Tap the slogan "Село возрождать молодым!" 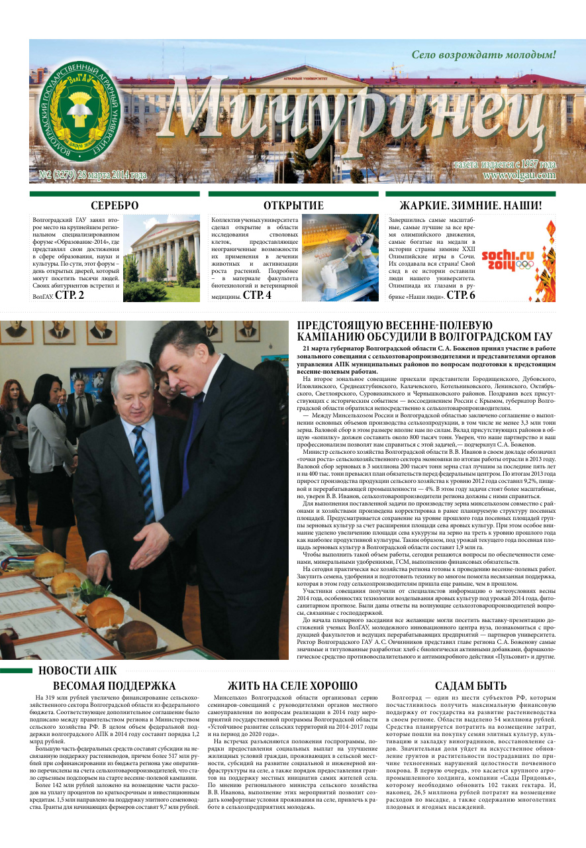coord(483,55)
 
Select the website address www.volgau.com coord(519,176)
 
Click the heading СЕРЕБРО coord(115,205)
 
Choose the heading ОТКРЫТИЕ coord(293,205)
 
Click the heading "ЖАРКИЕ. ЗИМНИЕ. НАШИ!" coord(471,205)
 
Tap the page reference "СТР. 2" coord(70,295)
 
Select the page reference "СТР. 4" coord(257,295)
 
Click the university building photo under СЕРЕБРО coord(162,258)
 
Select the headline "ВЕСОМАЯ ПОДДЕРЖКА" coord(115,686)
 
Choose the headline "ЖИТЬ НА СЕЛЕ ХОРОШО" coord(292,686)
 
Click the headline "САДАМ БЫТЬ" coord(470,686)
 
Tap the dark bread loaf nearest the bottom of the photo coord(136,636)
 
